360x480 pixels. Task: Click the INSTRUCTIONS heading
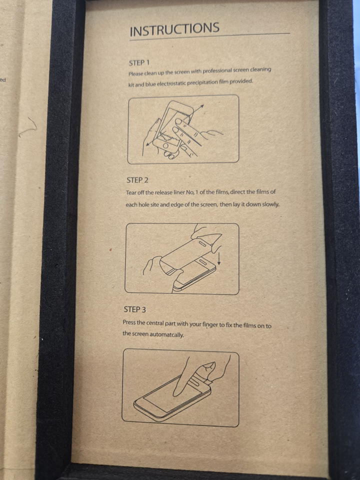coord(174,29)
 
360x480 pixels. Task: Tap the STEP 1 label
coord(139,63)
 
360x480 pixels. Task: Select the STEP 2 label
coord(137,180)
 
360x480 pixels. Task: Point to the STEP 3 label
coord(135,309)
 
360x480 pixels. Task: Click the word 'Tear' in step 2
coord(130,193)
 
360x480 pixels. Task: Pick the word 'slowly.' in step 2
coord(270,204)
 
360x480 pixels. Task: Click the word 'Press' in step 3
coord(129,322)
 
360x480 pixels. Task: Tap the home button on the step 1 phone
coord(165,146)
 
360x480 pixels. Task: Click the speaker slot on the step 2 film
coord(202,243)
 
